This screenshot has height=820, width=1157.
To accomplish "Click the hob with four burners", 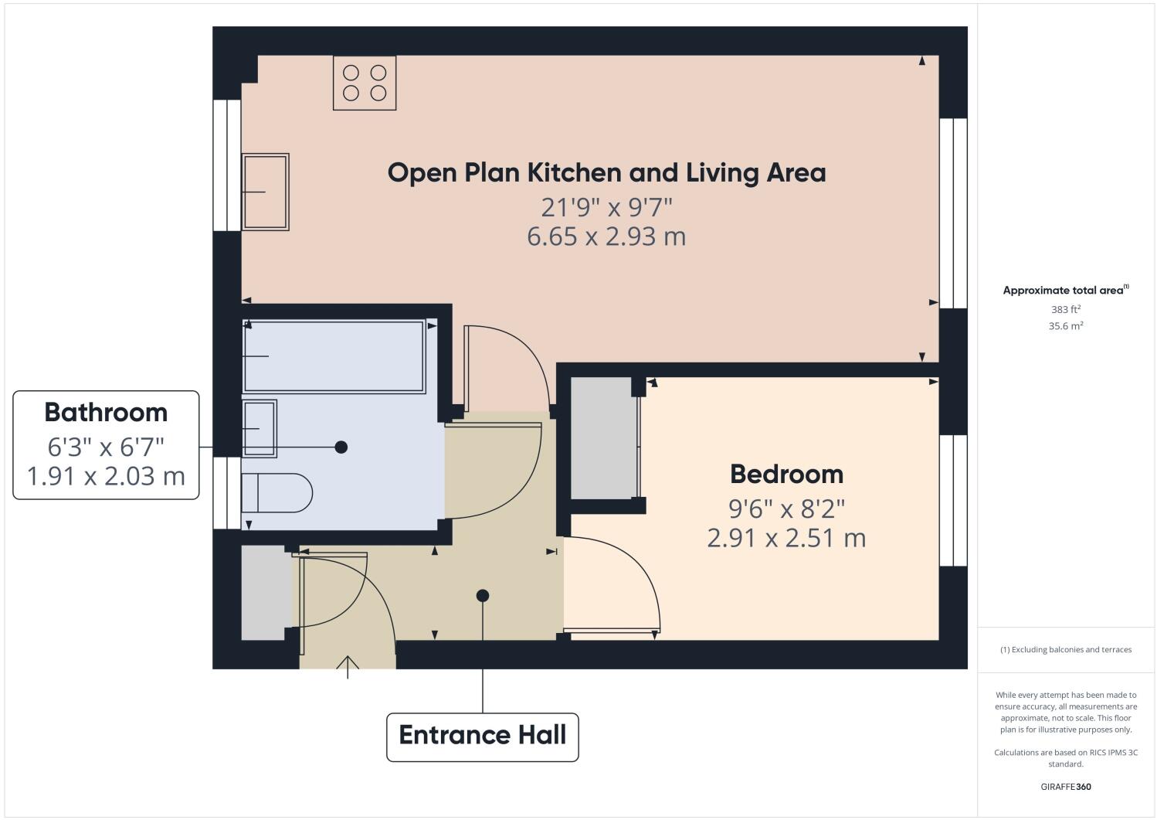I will [x=365, y=83].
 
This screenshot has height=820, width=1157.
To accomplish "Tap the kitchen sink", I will [x=265, y=192].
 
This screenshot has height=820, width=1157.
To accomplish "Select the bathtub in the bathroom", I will [x=334, y=356].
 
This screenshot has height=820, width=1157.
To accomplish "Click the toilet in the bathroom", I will [x=276, y=492].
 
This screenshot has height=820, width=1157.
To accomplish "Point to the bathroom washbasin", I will [x=259, y=428].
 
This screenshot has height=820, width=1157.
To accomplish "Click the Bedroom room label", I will [x=786, y=474].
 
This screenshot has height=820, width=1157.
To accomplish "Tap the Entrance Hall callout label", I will [x=483, y=735].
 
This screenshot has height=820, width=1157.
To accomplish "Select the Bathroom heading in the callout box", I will [x=106, y=413].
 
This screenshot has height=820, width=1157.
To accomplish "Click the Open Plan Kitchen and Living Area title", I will [x=606, y=172].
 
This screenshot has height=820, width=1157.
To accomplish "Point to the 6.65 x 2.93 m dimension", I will [x=606, y=236].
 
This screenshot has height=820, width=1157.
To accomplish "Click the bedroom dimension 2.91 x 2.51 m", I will [x=786, y=537].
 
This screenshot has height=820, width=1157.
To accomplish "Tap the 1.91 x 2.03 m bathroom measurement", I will [x=106, y=475].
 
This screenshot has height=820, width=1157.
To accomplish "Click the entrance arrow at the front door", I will [x=348, y=666].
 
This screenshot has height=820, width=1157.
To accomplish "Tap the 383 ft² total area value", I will [x=1065, y=309].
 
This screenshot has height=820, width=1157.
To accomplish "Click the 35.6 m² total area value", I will [x=1065, y=326].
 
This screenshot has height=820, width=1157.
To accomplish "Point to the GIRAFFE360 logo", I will [x=1065, y=788].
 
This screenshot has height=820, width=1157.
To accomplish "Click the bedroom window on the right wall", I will [x=953, y=500].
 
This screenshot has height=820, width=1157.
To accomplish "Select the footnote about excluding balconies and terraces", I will [x=1065, y=649].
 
